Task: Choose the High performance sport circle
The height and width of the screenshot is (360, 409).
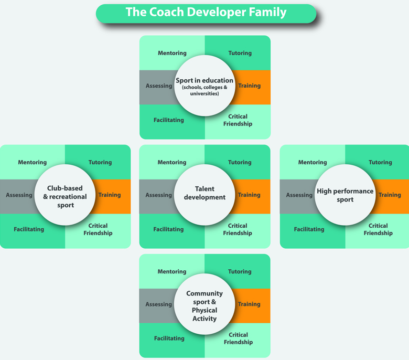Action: pyautogui.click(x=345, y=195)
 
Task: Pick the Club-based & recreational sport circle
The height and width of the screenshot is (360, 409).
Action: pyautogui.click(x=65, y=196)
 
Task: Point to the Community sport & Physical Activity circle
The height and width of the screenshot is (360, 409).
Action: pyautogui.click(x=204, y=306)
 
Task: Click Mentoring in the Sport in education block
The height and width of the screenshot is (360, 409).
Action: pyautogui.click(x=172, y=53)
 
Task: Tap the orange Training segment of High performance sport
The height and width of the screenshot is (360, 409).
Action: pyautogui.click(x=390, y=195)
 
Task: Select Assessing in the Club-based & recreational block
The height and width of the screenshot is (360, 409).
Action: pyautogui.click(x=19, y=195)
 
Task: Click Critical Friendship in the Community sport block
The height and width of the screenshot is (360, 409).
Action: pyautogui.click(x=238, y=338)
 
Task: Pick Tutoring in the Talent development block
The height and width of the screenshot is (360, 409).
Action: pyautogui.click(x=240, y=163)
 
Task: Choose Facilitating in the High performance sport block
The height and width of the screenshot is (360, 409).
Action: pyautogui.click(x=309, y=229)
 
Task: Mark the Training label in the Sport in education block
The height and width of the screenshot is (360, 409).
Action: pyautogui.click(x=249, y=86)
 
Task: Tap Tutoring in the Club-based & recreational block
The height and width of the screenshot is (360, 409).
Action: pyautogui.click(x=100, y=163)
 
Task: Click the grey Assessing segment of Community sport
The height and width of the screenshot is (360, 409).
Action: pyautogui.click(x=158, y=304)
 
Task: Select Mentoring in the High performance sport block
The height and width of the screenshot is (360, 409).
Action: pyautogui.click(x=313, y=163)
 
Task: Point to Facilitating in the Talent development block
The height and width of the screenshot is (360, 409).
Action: pyautogui.click(x=168, y=229)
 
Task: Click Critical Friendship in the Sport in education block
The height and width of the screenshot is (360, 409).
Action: pyautogui.click(x=238, y=120)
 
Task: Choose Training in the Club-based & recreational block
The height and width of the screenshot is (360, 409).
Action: pyautogui.click(x=110, y=195)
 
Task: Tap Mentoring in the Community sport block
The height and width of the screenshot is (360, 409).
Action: pyautogui.click(x=172, y=272)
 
